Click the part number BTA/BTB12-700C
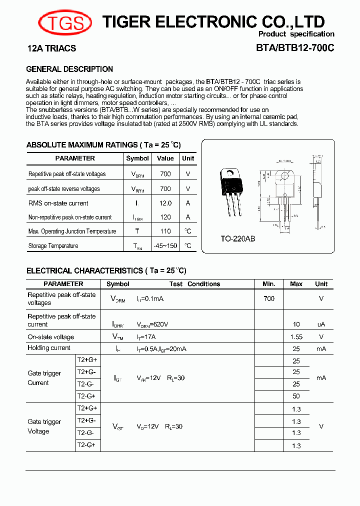point(295,48)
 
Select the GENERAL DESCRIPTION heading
point(69,69)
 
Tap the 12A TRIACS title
point(51,48)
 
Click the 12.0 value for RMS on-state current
point(165,203)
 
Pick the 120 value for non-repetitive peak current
point(165,217)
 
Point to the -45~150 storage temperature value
point(165,245)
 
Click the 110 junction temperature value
point(165,231)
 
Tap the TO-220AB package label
point(238,239)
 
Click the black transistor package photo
point(232,187)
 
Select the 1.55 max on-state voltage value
point(296,337)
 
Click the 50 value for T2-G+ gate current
point(296,396)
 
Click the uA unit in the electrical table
point(321,324)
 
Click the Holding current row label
point(49,348)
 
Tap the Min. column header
point(269,284)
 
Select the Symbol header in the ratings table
point(137,158)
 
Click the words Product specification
point(296,34)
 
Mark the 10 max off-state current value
point(296,324)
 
